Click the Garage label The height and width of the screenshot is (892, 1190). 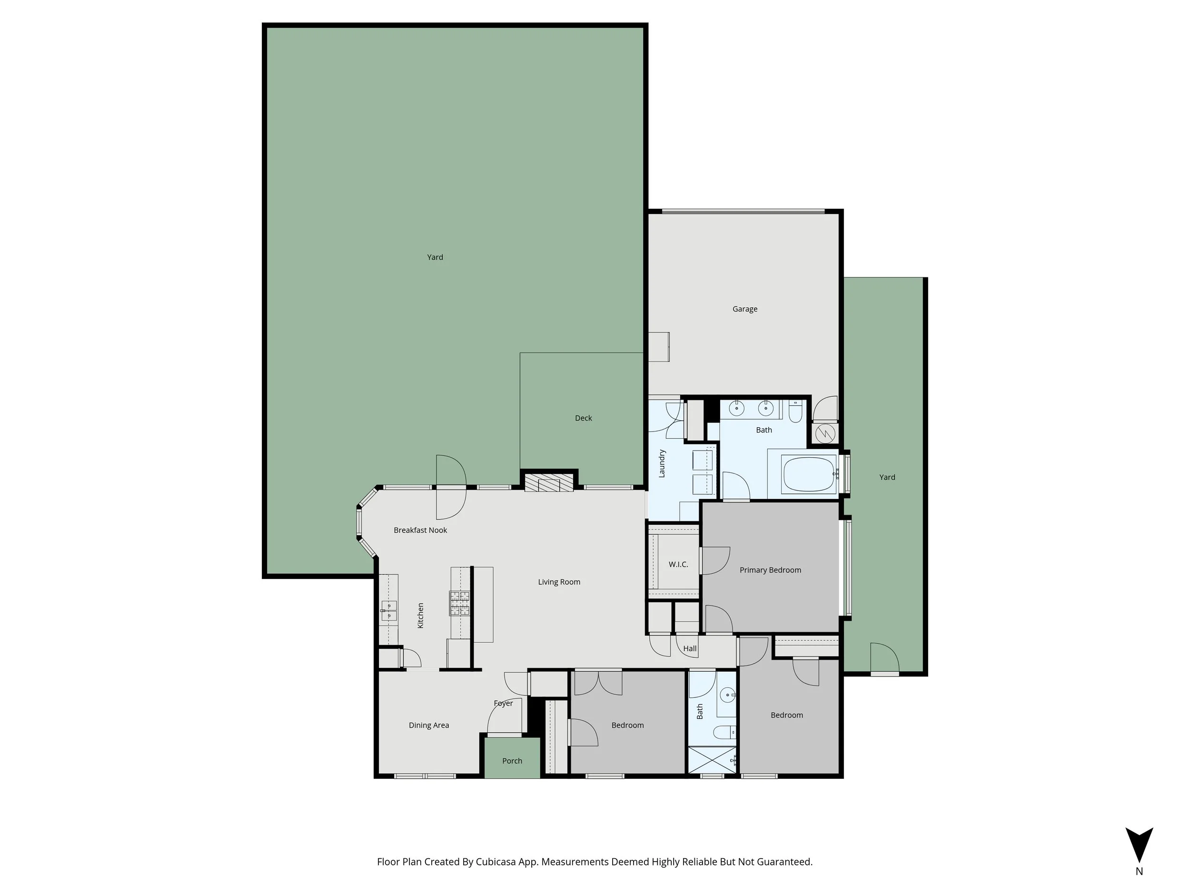pos(744,309)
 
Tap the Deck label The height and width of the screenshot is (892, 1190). pos(583,418)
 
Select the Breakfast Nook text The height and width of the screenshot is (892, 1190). pos(420,530)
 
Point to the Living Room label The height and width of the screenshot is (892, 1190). pos(559,582)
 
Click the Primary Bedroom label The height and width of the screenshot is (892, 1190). pos(770,570)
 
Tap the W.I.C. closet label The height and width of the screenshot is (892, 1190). pos(678,564)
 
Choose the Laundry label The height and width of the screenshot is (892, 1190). pos(662,463)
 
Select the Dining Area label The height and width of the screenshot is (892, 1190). pos(429,725)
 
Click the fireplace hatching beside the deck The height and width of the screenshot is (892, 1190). pos(549,483)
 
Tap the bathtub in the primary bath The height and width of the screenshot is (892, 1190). pos(809,474)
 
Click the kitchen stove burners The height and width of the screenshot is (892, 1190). pos(460,603)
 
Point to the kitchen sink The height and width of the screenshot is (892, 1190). pos(388,611)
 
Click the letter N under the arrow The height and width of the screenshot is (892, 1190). pos(1139,872)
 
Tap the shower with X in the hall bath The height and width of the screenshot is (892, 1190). pos(712,760)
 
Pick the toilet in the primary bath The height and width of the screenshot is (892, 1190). pos(795,412)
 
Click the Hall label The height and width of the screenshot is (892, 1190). pos(690,648)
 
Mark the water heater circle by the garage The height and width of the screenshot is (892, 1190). pos(825,433)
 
